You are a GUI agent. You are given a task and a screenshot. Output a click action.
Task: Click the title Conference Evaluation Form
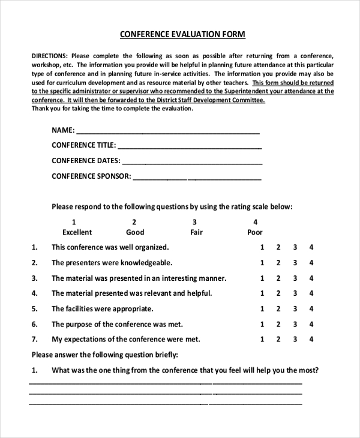(x=182, y=34)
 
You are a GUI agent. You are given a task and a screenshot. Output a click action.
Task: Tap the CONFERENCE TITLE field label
(x=83, y=145)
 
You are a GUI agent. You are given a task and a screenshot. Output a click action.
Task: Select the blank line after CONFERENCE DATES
(x=193, y=163)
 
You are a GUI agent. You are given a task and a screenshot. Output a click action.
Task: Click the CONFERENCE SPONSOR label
(x=91, y=176)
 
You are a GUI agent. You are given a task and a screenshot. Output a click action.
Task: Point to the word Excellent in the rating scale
(x=77, y=232)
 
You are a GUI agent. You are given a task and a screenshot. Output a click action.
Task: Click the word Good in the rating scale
(x=135, y=232)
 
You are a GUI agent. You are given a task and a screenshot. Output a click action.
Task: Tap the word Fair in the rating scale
(x=196, y=232)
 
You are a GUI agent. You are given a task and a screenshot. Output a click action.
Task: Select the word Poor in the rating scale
(x=255, y=232)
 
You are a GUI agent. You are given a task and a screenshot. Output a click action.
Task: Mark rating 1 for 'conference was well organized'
(x=262, y=247)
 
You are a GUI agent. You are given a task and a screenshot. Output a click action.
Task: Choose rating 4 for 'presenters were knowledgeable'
(x=311, y=263)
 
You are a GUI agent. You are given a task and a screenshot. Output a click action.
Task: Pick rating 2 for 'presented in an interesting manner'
(x=278, y=278)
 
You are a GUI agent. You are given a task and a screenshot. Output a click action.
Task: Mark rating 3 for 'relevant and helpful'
(x=295, y=293)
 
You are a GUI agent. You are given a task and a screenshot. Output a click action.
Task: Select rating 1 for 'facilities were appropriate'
(x=262, y=309)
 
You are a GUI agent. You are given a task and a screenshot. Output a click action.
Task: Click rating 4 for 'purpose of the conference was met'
(x=311, y=324)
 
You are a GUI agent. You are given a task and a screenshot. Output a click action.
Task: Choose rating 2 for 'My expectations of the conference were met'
(x=278, y=339)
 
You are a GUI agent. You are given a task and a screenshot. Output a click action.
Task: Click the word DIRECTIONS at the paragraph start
(x=50, y=55)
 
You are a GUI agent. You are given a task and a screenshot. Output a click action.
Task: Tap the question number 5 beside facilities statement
(x=35, y=309)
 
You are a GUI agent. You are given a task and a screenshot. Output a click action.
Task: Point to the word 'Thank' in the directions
(x=40, y=109)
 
